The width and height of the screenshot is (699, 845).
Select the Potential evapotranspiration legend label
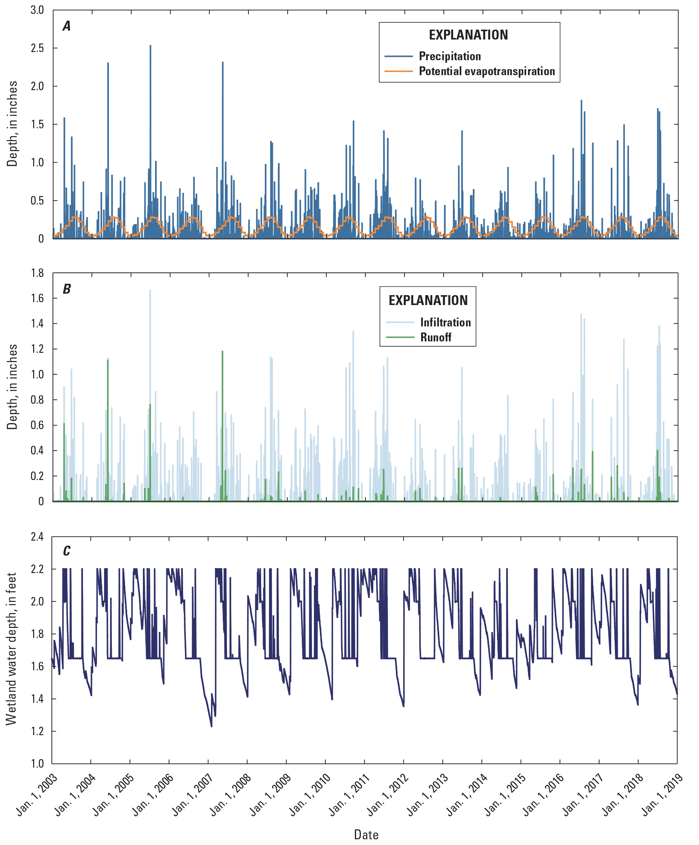487,71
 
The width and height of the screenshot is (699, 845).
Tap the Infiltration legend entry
445,322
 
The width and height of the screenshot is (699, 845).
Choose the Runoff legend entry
436,337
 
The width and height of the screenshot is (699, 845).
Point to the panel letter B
67,289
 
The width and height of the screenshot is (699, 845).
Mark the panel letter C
67,551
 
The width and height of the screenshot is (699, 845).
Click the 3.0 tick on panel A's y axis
37,10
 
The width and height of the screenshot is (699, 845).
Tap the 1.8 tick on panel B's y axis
37,273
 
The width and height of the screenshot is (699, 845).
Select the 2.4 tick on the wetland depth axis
37,537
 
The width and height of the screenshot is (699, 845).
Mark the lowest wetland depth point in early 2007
212,726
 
